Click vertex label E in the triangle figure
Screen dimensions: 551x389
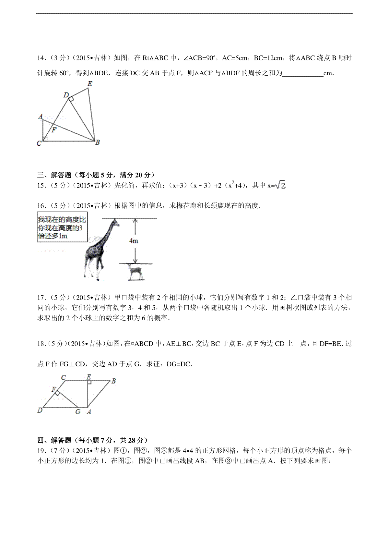[90, 84]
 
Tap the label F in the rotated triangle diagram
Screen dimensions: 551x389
[54, 130]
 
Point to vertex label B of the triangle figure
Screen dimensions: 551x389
[97, 142]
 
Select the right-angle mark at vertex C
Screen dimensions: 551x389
[45, 139]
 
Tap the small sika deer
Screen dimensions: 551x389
[135, 271]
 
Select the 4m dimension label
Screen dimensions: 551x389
[134, 241]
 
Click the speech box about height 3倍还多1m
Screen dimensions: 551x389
[62, 227]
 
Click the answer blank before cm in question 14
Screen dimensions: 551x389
[303, 73]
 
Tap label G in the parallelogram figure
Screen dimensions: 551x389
[78, 412]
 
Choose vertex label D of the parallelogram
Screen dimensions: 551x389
[40, 410]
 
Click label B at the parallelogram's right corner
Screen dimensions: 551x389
[113, 381]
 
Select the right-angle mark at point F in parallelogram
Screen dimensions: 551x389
[57, 393]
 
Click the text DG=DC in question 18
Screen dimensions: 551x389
[179, 364]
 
